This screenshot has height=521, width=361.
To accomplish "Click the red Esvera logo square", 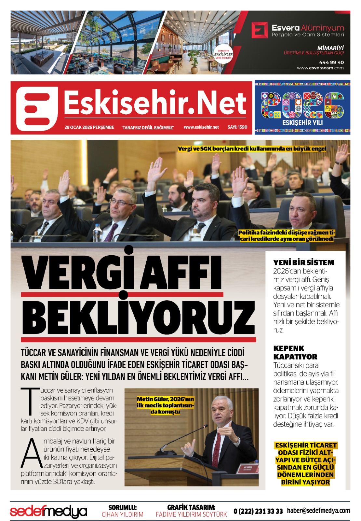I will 260,30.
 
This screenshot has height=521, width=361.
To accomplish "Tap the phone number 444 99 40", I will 331,62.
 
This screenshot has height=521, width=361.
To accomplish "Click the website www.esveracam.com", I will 320,68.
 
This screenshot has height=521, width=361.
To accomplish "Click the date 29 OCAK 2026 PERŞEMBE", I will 89,127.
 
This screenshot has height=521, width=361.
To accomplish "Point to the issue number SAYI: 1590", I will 237,127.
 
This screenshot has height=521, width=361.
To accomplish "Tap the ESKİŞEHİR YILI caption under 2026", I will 302,123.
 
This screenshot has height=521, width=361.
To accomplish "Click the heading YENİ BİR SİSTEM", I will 303,262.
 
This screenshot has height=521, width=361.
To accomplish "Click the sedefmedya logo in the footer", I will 48,511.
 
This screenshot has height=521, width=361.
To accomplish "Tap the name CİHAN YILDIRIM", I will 123,514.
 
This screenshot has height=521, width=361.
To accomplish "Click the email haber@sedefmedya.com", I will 318,511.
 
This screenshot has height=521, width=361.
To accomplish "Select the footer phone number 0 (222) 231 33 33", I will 258,511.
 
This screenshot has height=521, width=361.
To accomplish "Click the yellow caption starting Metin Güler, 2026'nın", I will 165,405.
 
